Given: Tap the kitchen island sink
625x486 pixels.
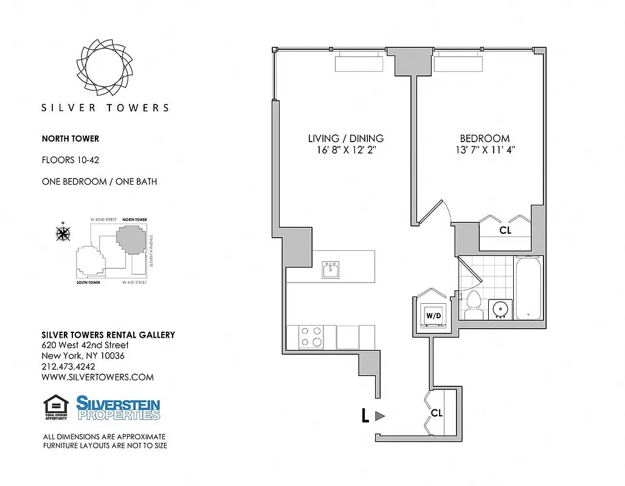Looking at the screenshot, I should coord(331,270).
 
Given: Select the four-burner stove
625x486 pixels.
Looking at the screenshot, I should coord(311,337).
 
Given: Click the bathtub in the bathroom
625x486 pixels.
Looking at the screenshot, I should coord(528,287).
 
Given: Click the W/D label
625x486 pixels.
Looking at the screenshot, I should coord(433,316).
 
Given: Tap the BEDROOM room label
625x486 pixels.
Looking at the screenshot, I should coord(485,139).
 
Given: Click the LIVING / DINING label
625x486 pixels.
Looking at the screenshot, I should coord(346,139).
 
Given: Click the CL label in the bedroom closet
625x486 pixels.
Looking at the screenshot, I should coord(505,231).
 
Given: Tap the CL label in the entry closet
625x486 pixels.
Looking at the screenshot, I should coord(437,412).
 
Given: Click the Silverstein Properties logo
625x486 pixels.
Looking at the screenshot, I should coord(118,408).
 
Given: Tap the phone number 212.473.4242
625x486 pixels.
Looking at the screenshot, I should coord(68,366).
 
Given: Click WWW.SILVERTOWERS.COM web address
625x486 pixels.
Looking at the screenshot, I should coord(97,377).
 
